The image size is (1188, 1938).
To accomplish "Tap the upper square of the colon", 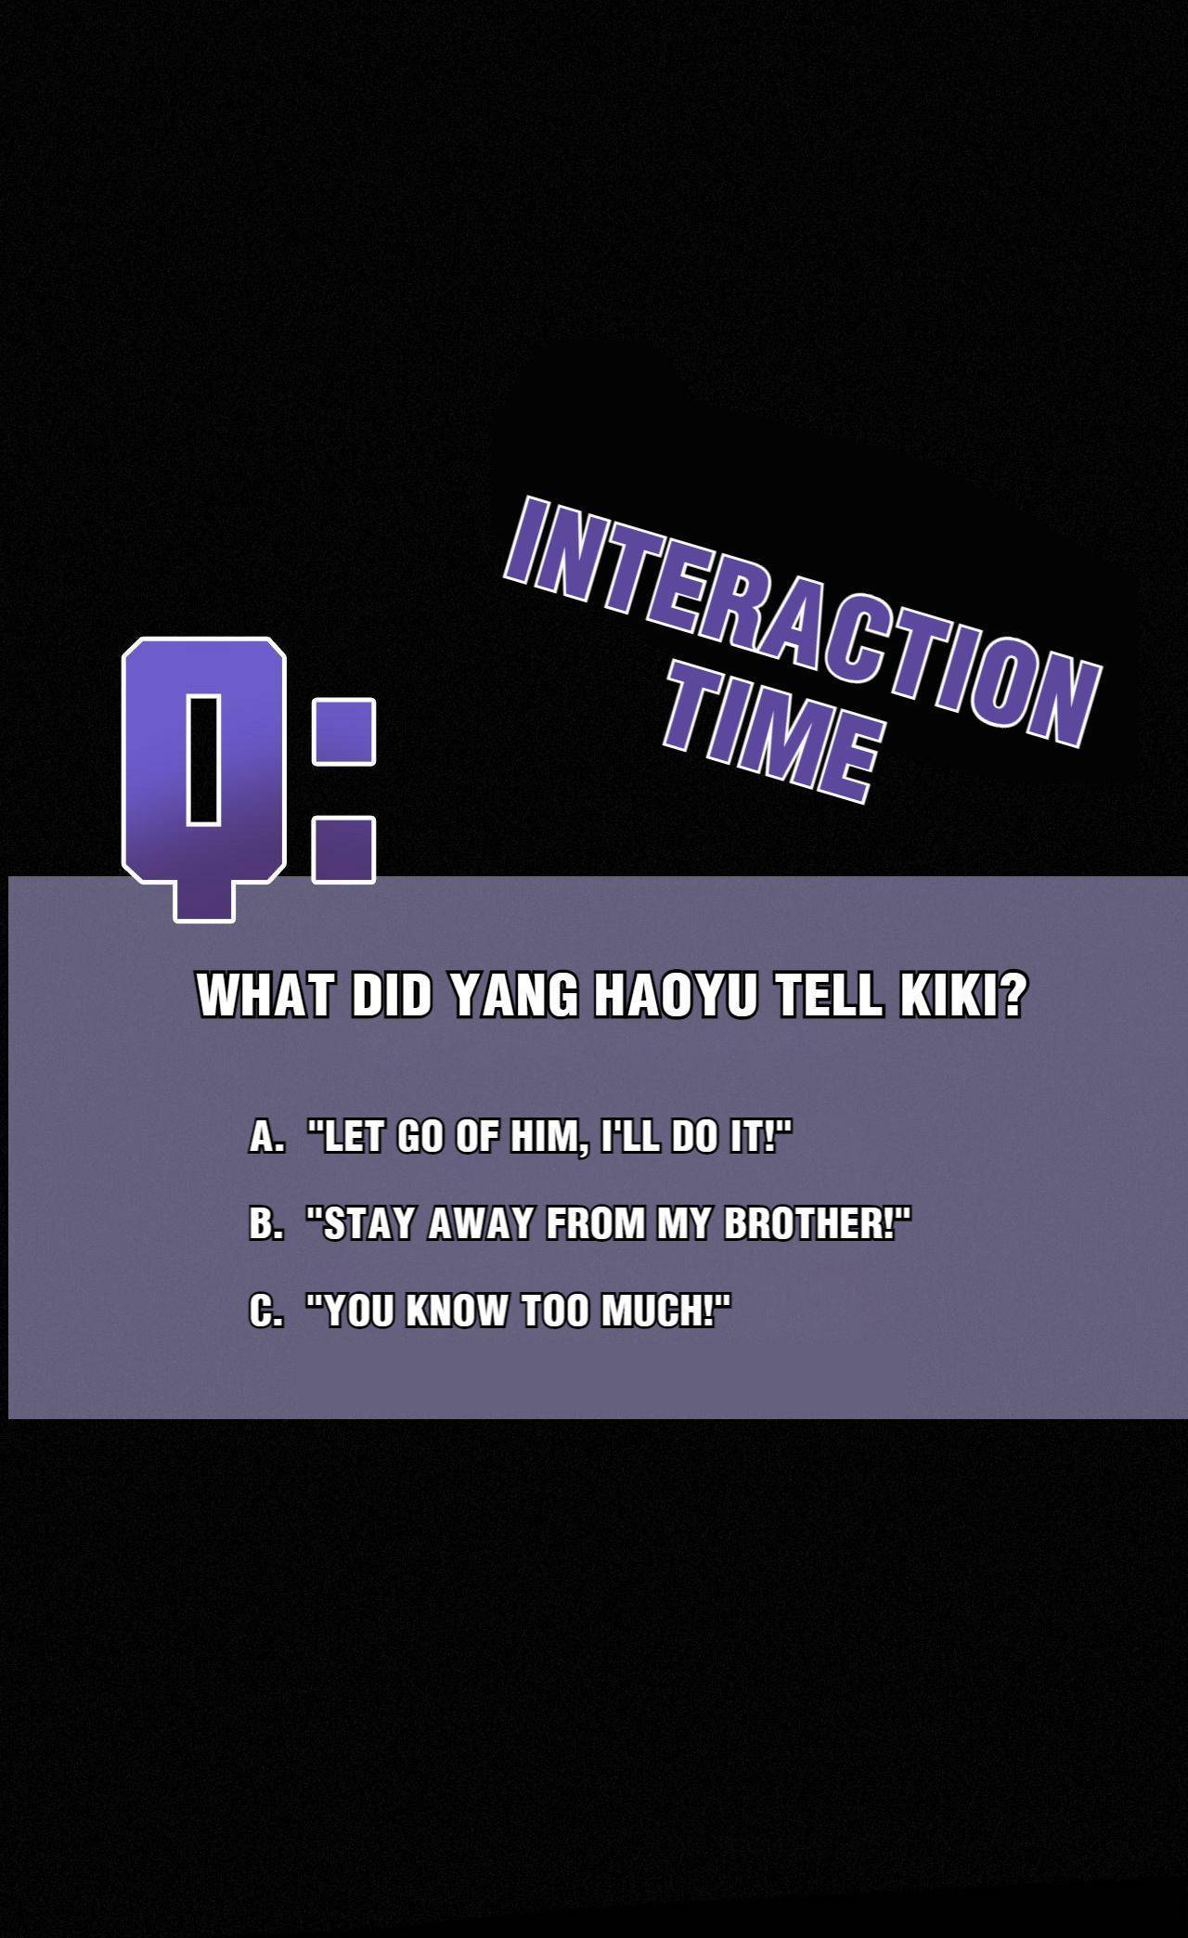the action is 343,732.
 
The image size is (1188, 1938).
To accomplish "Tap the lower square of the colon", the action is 343,849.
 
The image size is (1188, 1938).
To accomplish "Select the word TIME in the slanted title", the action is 771,740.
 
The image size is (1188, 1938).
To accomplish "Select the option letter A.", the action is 265,1137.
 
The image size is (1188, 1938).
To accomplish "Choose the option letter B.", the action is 265,1224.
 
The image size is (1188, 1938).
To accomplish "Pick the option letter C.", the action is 265,1311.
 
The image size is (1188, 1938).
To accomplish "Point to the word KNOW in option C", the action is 458,1311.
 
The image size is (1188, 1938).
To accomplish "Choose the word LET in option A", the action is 353,1137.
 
